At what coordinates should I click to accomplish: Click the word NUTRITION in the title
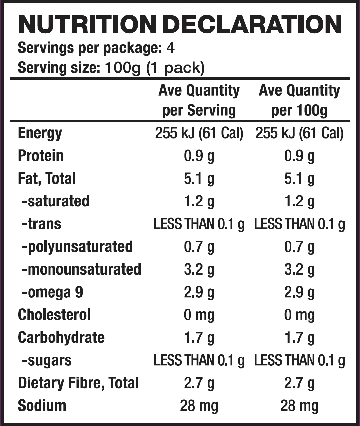(86, 25)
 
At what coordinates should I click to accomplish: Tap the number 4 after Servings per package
(170, 48)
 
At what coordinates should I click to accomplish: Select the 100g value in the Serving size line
(122, 68)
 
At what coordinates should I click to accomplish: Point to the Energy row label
(40, 133)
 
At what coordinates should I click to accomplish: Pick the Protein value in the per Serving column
(199, 156)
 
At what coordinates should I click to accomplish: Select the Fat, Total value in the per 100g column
(299, 179)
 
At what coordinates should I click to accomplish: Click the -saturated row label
(55, 201)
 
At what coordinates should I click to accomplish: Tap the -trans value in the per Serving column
(199, 224)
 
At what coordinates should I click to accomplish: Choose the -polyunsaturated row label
(77, 247)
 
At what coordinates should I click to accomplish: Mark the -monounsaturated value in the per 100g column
(299, 269)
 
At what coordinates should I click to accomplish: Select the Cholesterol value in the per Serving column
(199, 315)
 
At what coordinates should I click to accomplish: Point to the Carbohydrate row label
(61, 338)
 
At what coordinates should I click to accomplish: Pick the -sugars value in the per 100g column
(299, 360)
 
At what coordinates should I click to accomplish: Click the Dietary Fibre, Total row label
(78, 383)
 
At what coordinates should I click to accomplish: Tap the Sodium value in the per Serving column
(199, 406)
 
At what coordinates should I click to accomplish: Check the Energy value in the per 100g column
(299, 133)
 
